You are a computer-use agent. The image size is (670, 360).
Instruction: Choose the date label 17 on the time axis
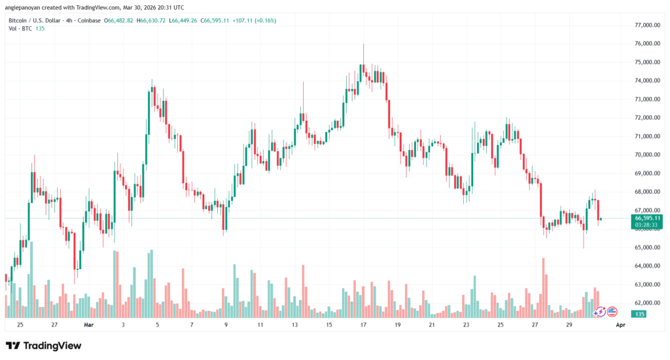click(362, 325)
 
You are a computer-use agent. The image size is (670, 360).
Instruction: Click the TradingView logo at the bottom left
click(43, 346)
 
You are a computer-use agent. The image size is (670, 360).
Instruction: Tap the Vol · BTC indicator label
click(20, 29)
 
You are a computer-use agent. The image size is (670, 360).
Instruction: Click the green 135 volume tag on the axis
click(640, 315)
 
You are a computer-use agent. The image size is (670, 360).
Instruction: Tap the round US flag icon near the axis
click(613, 312)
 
